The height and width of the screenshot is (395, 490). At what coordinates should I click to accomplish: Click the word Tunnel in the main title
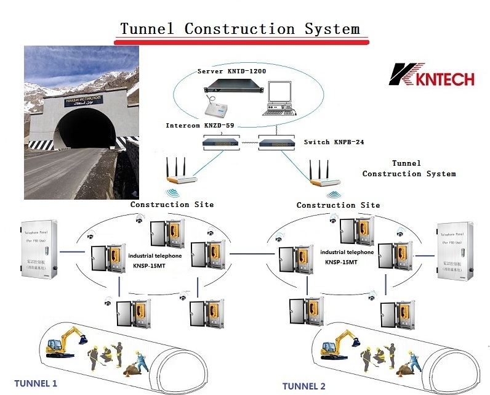(147, 28)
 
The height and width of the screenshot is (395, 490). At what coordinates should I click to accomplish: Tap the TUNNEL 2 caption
(304, 386)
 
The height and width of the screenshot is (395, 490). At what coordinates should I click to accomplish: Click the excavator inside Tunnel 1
(66, 342)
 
